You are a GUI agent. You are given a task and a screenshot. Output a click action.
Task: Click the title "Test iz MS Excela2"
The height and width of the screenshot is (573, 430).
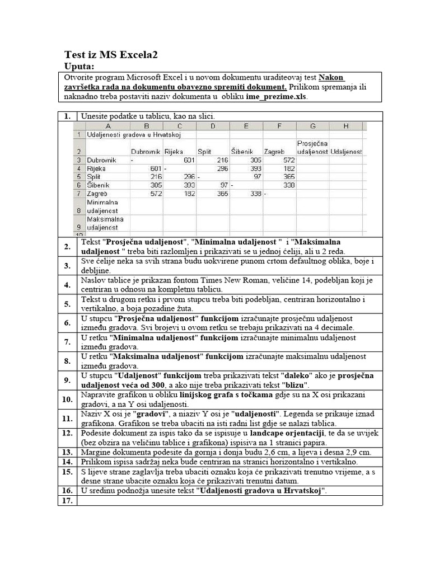point(111,55)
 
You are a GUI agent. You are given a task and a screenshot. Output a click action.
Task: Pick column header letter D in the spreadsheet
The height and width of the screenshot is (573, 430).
point(213,126)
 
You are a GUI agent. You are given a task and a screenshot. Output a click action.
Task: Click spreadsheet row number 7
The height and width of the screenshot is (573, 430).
point(80,193)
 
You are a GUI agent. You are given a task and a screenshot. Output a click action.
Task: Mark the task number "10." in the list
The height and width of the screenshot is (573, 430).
point(67,400)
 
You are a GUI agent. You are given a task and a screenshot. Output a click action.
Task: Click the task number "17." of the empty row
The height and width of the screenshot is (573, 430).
point(67,501)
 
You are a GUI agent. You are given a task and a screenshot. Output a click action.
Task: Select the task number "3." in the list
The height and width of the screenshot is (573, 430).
point(67,266)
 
